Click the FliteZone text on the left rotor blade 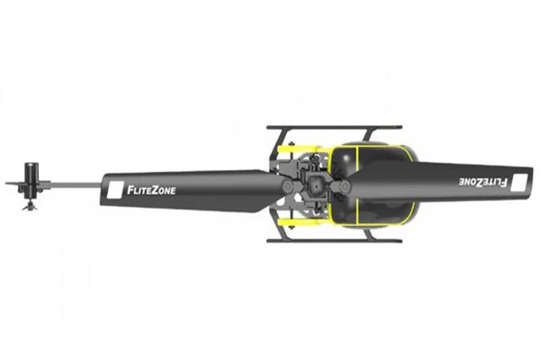pos(151,190)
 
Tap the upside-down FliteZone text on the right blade pos(482,182)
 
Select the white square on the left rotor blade pos(115,190)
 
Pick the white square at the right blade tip pos(519,183)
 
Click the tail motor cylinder pos(31,180)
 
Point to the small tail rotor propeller pos(30,206)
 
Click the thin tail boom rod pos(76,185)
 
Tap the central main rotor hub pos(315,185)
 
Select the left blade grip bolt pos(287,186)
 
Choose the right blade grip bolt pos(344,186)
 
